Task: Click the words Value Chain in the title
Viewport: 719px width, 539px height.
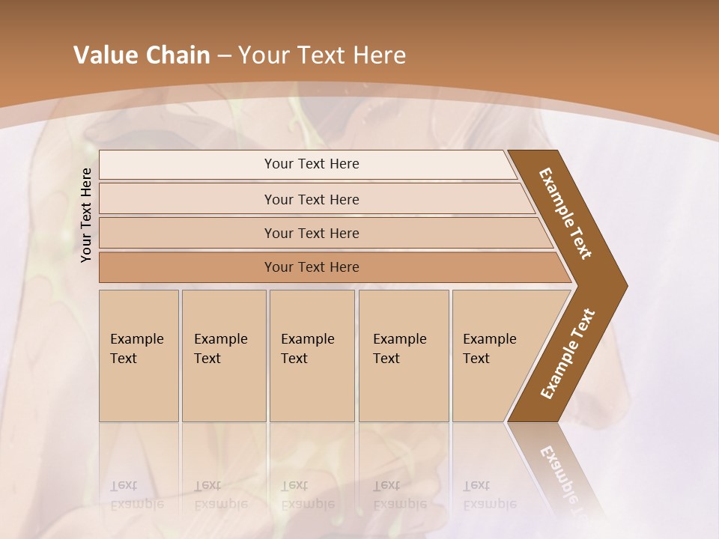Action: click(x=142, y=55)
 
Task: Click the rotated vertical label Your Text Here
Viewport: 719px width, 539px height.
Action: click(x=87, y=215)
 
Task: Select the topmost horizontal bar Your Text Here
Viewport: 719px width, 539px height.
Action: click(x=311, y=164)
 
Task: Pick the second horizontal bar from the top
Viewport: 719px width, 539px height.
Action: click(x=311, y=199)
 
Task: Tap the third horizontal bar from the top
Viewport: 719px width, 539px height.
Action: click(x=311, y=233)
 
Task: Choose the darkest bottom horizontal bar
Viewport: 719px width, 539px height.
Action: click(x=311, y=267)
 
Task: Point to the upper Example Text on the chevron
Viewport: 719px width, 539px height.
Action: click(x=566, y=213)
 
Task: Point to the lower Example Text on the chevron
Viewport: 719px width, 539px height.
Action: click(x=568, y=353)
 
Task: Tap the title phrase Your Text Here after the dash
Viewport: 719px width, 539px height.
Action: click(x=322, y=55)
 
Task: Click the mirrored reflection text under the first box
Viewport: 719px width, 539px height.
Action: click(x=136, y=495)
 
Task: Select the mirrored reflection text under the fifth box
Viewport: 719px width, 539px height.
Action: click(x=489, y=495)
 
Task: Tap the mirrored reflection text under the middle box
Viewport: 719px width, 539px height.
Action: click(x=307, y=495)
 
